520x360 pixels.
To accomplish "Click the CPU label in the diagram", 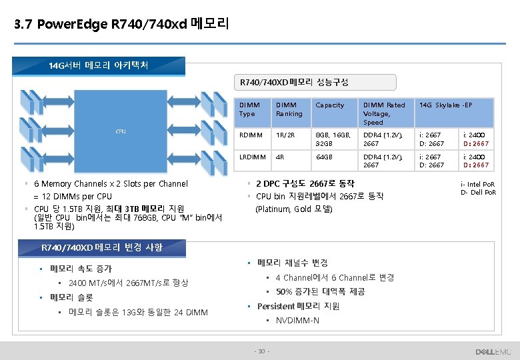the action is [121, 131].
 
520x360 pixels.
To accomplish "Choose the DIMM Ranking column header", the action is [289, 109].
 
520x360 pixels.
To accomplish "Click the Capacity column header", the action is [330, 105].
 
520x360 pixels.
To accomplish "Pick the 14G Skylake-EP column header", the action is [445, 105].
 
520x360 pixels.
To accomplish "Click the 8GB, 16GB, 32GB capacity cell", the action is [333, 139].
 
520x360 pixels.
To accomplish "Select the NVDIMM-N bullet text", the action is [297, 321].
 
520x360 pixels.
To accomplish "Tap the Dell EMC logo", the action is [493, 351].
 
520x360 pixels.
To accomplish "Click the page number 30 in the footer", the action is [261, 351].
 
